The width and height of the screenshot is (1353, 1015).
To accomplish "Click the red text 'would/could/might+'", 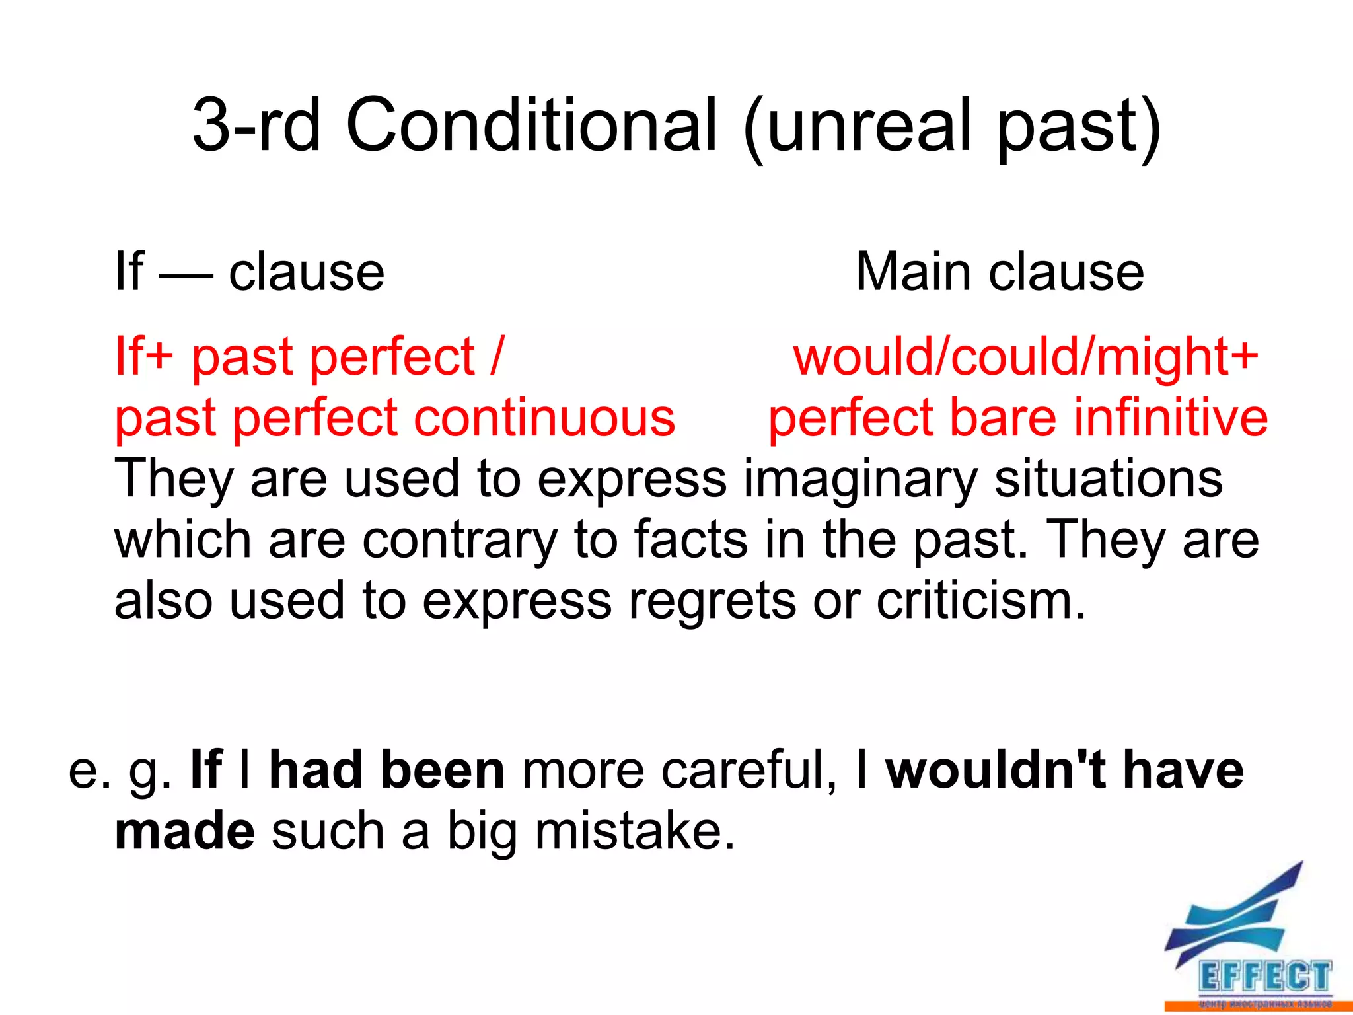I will tap(1026, 357).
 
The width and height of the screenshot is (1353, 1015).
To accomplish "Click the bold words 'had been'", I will tap(387, 771).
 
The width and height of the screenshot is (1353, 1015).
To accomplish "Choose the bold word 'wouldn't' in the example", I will tap(996, 771).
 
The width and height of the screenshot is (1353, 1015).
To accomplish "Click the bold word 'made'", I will tap(184, 831).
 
